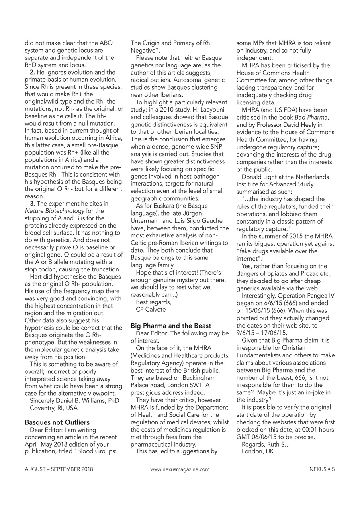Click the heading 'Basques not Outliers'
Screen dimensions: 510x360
(x=57, y=422)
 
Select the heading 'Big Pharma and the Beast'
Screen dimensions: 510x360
(x=171, y=326)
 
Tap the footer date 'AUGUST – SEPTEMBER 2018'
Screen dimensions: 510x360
(x=59, y=469)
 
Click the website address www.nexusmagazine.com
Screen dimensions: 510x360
(x=180, y=469)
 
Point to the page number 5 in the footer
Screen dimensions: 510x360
(x=333, y=469)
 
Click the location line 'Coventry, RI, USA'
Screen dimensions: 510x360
(x=54, y=408)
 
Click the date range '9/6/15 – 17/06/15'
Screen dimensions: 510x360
(x=263, y=333)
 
